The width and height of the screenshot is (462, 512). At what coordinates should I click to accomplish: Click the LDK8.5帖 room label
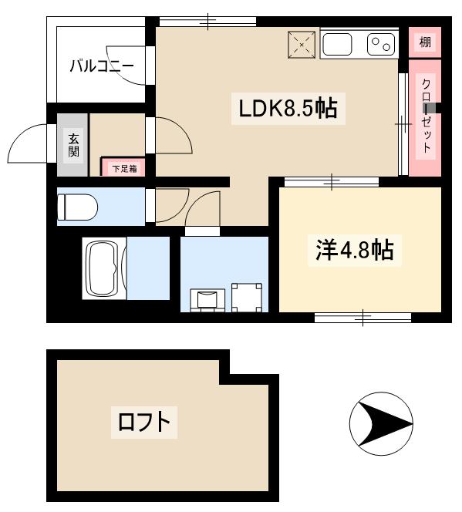pyautogui.click(x=287, y=109)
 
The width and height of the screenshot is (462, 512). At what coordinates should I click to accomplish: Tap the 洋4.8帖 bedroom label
pyautogui.click(x=354, y=249)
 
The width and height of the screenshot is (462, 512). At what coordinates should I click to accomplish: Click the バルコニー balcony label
pyautogui.click(x=102, y=66)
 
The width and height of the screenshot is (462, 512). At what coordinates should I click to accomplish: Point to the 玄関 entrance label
pyautogui.click(x=73, y=144)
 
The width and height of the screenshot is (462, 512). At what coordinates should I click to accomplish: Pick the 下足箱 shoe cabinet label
pyautogui.click(x=123, y=167)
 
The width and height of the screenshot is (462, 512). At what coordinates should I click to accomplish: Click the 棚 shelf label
pyautogui.click(x=425, y=42)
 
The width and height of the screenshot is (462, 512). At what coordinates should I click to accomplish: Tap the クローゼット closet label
pyautogui.click(x=425, y=116)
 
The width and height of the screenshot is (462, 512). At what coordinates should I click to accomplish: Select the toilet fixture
pyautogui.click(x=76, y=207)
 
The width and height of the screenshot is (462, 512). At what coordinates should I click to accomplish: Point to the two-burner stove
pyautogui.click(x=380, y=45)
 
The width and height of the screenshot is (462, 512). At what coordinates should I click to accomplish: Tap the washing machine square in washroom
pyautogui.click(x=247, y=298)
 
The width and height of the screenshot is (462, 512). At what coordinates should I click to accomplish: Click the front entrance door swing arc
pyautogui.click(x=29, y=143)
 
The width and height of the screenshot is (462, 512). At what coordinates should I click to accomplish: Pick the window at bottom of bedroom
pyautogui.click(x=363, y=317)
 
